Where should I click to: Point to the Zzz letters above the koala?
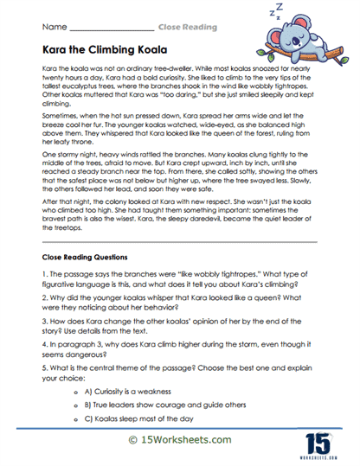(279, 12)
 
